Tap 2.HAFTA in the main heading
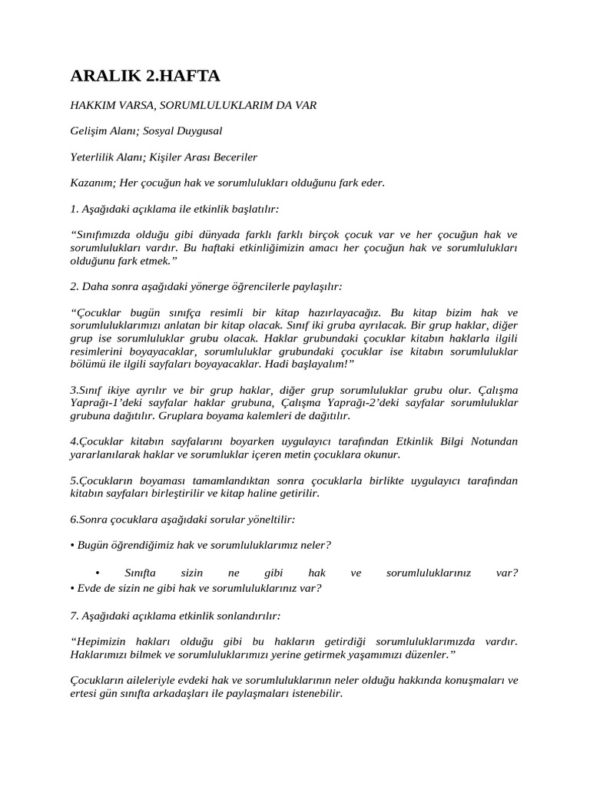coord(184,75)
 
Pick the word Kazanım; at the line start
coord(93,183)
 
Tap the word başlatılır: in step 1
coord(254,209)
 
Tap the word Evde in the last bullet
coord(88,588)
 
